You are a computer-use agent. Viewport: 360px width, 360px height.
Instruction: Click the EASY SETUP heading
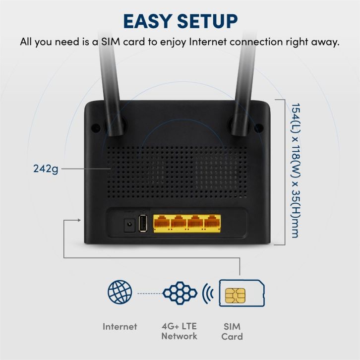coord(180,21)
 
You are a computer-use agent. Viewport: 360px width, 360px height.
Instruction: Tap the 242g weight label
coord(46,169)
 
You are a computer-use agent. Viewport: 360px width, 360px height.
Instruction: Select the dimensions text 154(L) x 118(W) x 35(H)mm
coord(294,170)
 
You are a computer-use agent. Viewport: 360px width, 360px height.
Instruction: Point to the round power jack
coord(129,225)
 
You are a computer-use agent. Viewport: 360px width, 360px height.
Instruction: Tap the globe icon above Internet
coord(120,293)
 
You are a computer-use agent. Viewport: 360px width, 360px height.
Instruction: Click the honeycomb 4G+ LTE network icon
coord(180,293)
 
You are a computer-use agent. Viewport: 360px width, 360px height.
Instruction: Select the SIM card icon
coord(241,295)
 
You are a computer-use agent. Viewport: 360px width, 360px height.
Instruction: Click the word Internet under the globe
coord(120,326)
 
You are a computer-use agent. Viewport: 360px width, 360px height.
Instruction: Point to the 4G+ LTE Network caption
coord(179,331)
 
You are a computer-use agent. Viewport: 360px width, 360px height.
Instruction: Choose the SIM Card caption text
coord(232,331)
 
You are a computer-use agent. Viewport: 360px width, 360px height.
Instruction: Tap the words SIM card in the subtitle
coord(127,42)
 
